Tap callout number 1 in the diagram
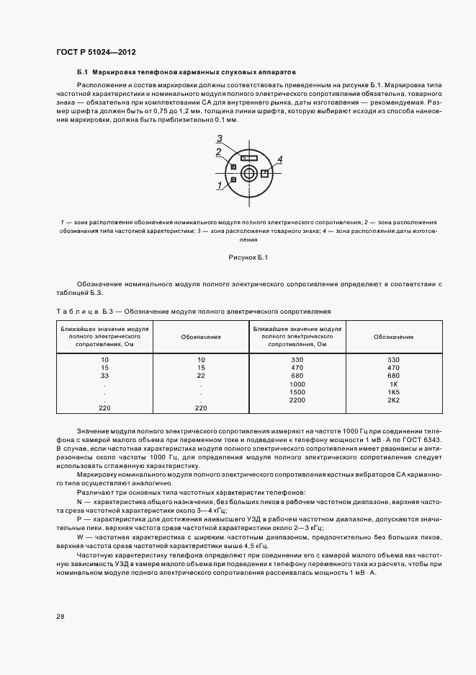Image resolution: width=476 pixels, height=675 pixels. [x=218, y=185]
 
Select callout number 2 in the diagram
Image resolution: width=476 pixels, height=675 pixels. [x=217, y=151]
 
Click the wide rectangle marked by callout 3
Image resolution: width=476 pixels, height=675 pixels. [x=250, y=157]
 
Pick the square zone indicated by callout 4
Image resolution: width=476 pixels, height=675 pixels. [x=265, y=173]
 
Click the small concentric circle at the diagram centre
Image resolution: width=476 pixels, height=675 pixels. [x=249, y=172]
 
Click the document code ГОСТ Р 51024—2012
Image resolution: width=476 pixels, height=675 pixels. [x=96, y=53]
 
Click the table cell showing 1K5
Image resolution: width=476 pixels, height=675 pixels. [x=393, y=392]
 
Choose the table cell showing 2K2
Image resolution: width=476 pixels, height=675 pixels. [x=393, y=400]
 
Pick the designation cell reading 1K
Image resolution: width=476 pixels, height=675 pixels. [x=393, y=384]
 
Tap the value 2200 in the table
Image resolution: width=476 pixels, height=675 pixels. [x=297, y=400]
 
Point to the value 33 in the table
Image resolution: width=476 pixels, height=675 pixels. [x=104, y=376]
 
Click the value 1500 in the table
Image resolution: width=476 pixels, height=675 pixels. [x=297, y=392]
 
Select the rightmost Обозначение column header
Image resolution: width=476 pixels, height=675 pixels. [x=393, y=337]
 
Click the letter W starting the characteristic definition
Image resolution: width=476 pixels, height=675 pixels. [x=80, y=537]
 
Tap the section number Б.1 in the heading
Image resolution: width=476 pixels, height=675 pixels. [x=81, y=73]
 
